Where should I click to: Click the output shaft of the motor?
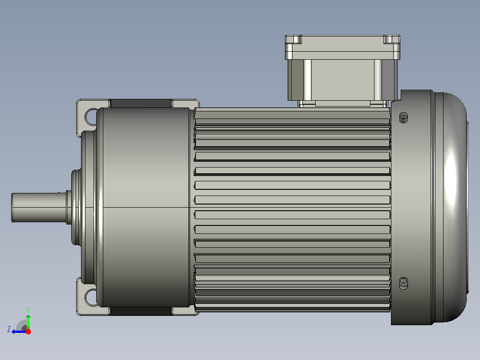point(39,208)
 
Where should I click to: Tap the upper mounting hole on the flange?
point(91,117)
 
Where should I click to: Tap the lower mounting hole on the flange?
point(91,297)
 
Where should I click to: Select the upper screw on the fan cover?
point(403,118)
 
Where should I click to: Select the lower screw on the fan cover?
point(403,283)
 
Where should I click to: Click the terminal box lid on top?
point(342,47)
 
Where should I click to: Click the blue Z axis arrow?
point(19,332)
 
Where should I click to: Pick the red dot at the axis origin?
point(28,331)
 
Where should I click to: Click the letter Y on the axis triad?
point(28,310)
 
